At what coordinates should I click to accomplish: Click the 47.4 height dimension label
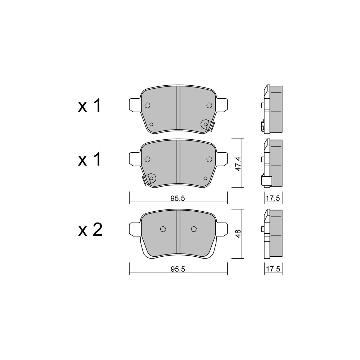coord(238,164)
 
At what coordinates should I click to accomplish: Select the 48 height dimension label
coord(238,234)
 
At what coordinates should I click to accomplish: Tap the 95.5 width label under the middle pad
coord(178,198)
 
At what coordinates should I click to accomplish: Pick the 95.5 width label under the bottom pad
coord(178,269)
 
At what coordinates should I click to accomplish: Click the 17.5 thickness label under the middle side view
coord(273,198)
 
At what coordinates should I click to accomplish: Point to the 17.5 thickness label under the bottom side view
coord(273,269)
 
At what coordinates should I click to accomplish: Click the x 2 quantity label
coord(90,230)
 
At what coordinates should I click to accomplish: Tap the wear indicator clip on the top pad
coord(211,126)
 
